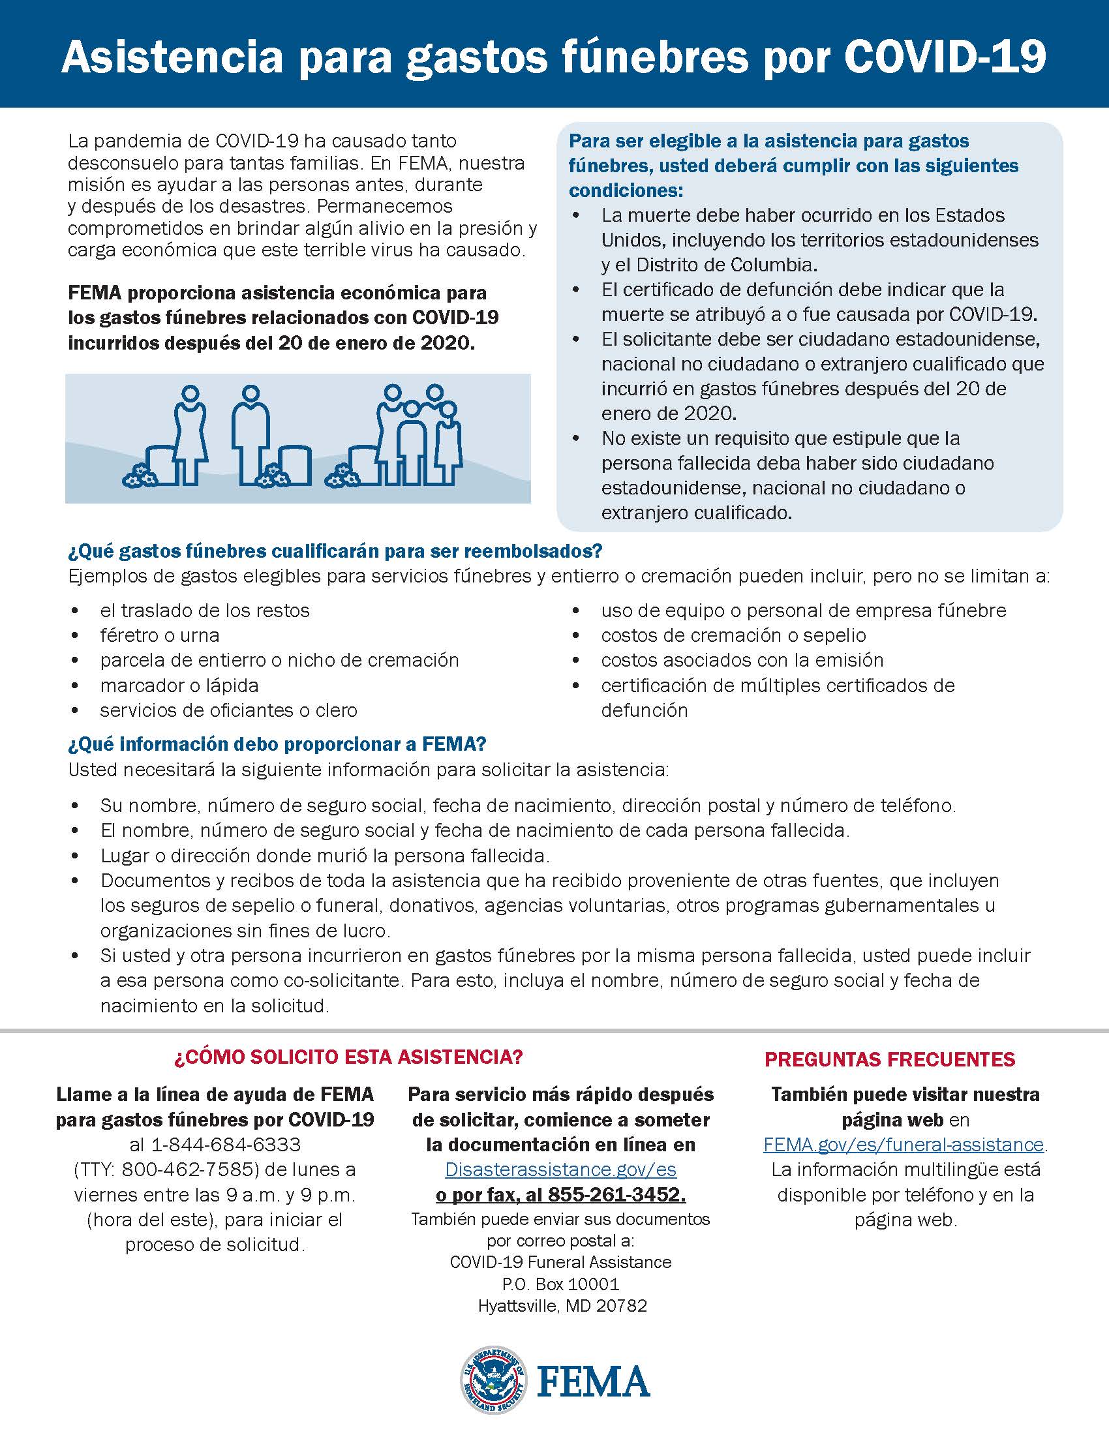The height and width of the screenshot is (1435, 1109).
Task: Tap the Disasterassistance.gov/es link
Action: (560, 1170)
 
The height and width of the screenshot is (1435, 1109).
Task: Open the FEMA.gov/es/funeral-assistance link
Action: (904, 1145)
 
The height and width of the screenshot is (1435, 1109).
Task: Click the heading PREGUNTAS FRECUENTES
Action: (890, 1059)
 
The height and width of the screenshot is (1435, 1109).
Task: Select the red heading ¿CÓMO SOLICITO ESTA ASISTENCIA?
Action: (348, 1057)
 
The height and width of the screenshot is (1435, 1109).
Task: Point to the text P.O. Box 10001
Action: (560, 1283)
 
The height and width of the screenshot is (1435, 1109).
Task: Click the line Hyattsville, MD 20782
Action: (562, 1306)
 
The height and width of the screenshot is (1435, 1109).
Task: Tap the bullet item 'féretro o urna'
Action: (160, 635)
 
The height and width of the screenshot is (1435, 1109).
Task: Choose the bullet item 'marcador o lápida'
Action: (179, 686)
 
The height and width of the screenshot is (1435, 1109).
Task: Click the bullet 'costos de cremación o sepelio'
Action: (733, 635)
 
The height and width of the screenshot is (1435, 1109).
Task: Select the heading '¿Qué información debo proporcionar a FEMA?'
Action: (277, 744)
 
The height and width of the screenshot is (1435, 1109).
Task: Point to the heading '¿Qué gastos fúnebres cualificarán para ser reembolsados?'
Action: (335, 551)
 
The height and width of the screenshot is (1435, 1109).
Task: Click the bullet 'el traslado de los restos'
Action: (204, 611)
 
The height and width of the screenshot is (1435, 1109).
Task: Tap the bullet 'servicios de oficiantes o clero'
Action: (228, 710)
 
